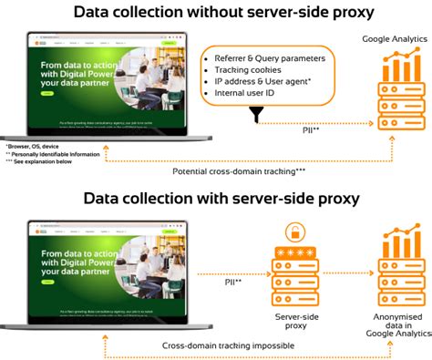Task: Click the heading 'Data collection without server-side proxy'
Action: pos(216,12)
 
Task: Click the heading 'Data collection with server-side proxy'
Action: pos(216,198)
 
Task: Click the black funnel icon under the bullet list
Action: pos(256,116)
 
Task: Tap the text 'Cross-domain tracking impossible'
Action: pos(221,345)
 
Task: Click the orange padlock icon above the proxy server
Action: pos(293,231)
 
